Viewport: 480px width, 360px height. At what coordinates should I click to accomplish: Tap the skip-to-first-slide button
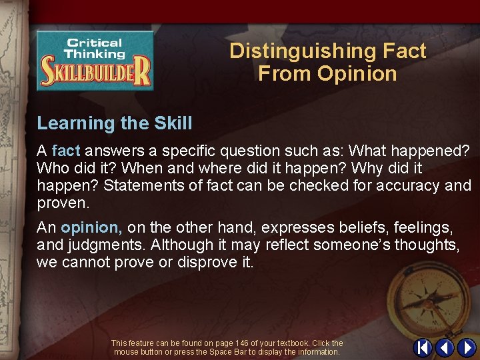pyautogui.click(x=423, y=348)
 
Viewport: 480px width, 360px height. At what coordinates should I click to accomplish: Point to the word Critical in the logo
pyautogui.click(x=93, y=43)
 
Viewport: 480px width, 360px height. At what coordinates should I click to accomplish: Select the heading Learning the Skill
pyautogui.click(x=115, y=123)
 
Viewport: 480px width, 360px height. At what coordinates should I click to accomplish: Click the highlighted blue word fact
pyautogui.click(x=66, y=151)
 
